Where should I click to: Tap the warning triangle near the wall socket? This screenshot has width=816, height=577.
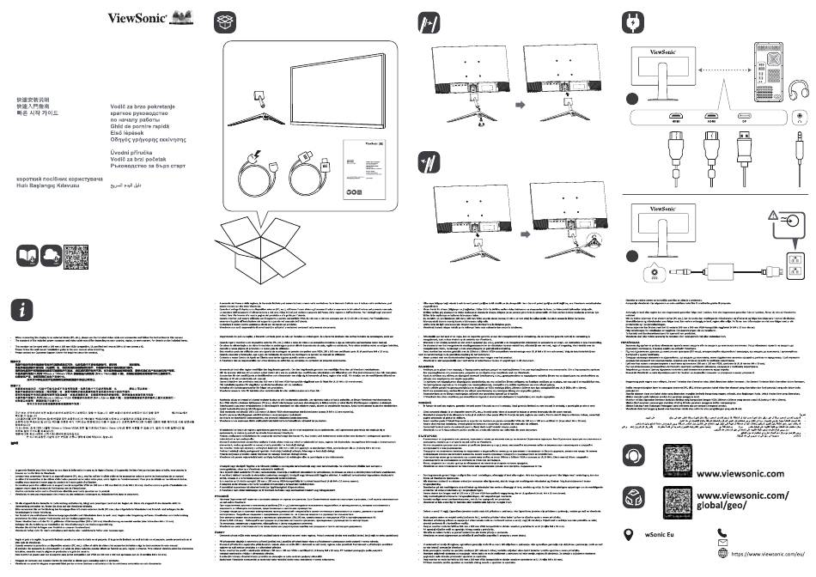pyautogui.click(x=776, y=218)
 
